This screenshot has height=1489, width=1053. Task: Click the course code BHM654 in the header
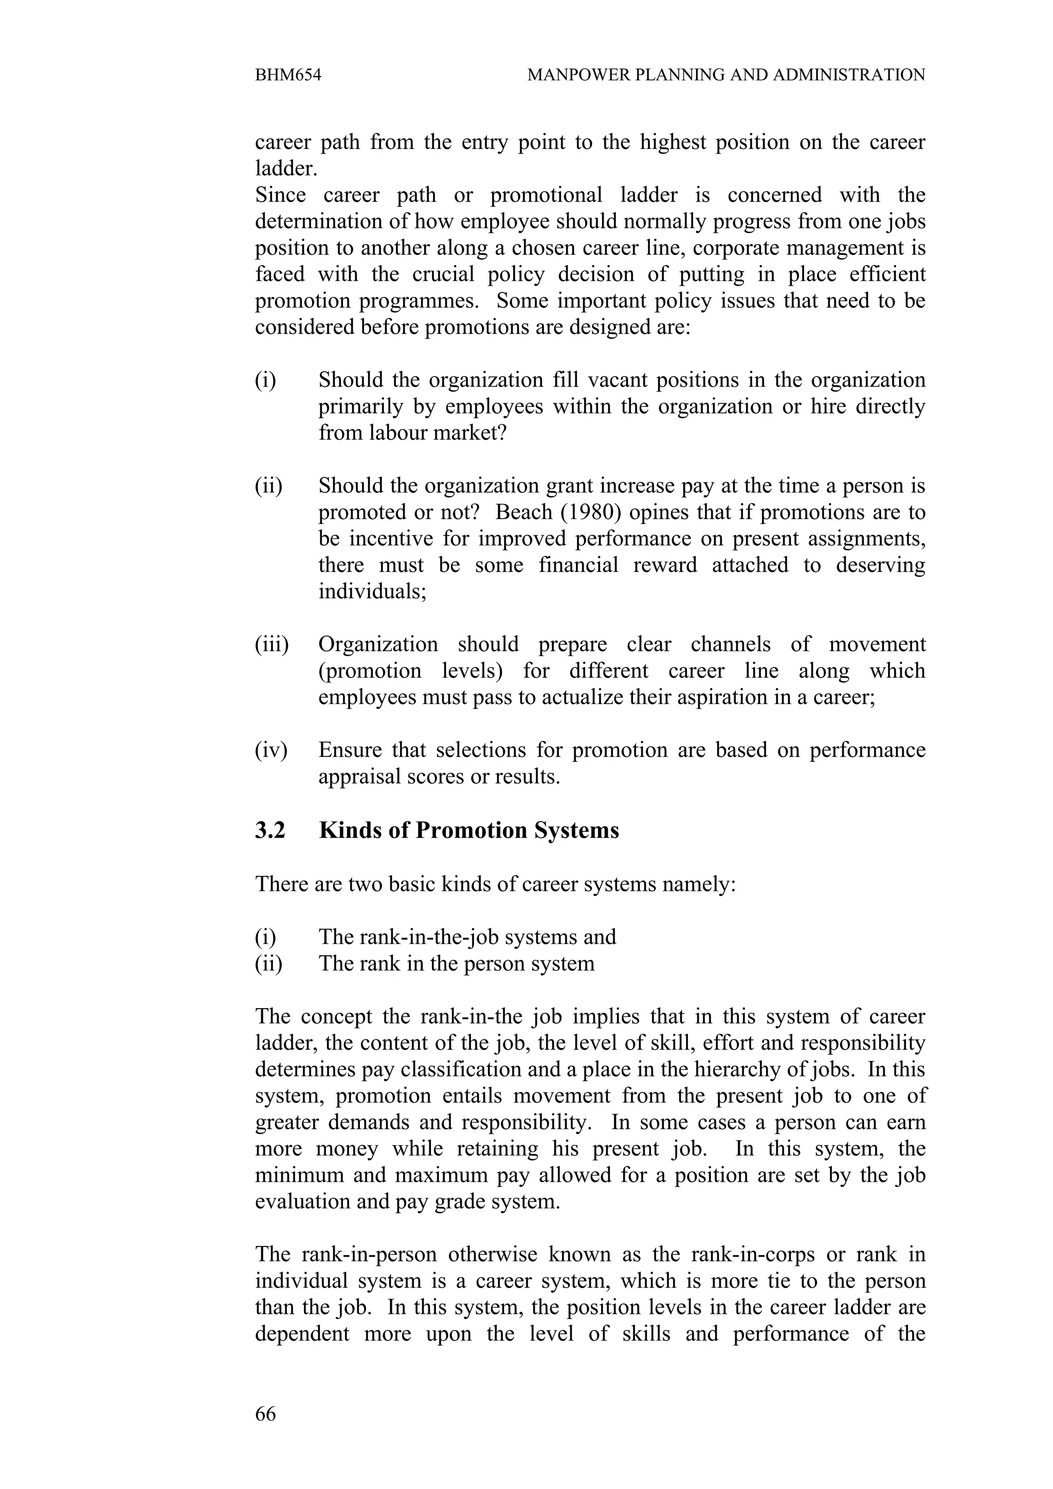point(287,75)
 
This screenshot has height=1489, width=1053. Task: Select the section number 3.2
point(270,831)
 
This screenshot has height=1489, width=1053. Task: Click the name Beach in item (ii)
point(523,512)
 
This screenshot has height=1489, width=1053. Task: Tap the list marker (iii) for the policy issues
point(271,644)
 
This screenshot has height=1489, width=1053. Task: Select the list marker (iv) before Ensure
point(270,750)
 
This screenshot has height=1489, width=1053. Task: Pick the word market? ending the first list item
point(469,433)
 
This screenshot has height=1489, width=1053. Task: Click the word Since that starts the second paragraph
point(280,195)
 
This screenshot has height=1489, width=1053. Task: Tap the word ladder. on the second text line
point(286,169)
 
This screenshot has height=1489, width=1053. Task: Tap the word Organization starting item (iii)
point(377,644)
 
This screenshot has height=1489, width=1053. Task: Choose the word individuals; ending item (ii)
point(372,591)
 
